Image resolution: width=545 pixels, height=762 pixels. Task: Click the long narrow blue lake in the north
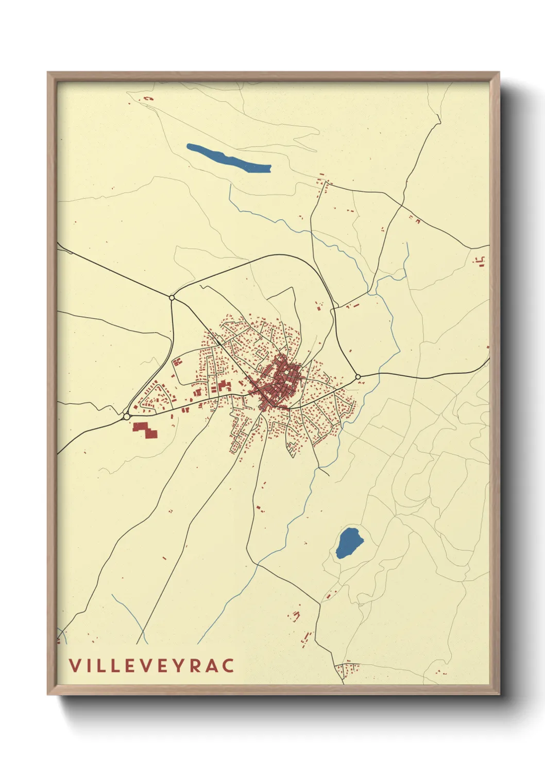pyautogui.click(x=228, y=158)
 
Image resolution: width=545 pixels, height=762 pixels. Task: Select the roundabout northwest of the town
pyautogui.click(x=172, y=297)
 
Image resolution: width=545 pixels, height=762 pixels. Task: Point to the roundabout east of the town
pyautogui.click(x=358, y=377)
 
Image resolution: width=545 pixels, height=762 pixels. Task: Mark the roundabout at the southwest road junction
pyautogui.click(x=126, y=416)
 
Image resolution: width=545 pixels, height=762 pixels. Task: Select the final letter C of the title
pyautogui.click(x=228, y=665)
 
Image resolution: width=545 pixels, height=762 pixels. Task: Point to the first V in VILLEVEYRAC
pyautogui.click(x=75, y=665)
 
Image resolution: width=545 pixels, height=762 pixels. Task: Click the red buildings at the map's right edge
pyautogui.click(x=480, y=261)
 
